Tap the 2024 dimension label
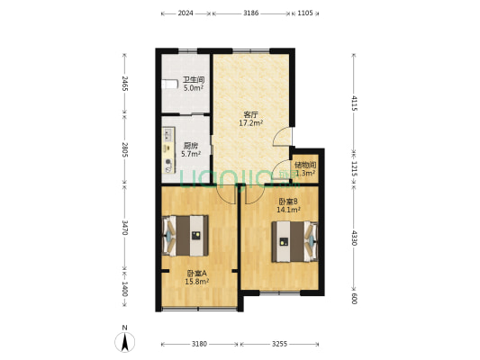tap(186, 13)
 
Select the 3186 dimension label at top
tap(251, 13)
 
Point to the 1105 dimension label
tap(305, 13)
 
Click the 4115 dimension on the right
tap(354, 103)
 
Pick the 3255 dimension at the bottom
tap(279, 344)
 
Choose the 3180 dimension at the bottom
tap(199, 344)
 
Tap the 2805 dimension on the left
tap(124, 149)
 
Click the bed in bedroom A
tap(185, 236)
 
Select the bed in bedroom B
tap(294, 241)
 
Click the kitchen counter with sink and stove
tap(168, 150)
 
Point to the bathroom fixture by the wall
tap(169, 84)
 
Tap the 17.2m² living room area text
tap(251, 123)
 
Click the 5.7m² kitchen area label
tap(191, 154)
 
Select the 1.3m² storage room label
tap(305, 174)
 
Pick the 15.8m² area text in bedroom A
tap(197, 282)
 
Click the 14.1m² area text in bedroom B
tap(288, 210)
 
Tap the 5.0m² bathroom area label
tap(194, 88)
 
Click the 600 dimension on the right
tap(354, 299)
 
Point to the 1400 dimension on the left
tap(124, 289)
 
